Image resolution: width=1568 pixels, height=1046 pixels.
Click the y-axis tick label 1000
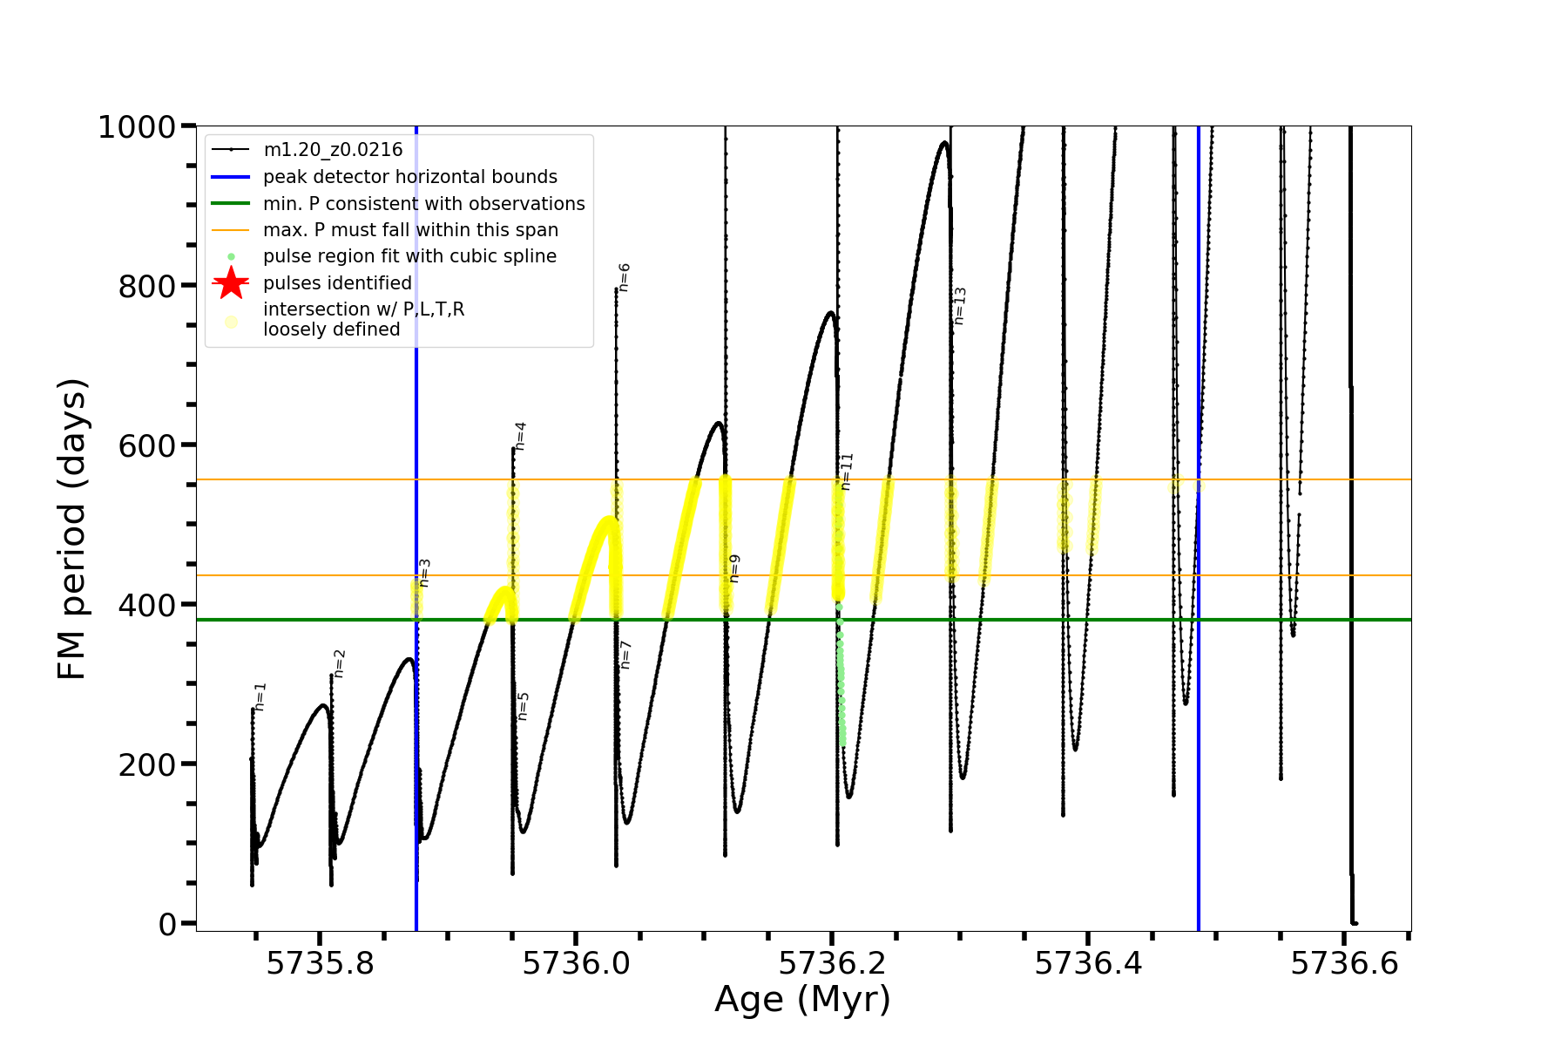(137, 127)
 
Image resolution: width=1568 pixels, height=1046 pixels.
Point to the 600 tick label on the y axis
(146, 445)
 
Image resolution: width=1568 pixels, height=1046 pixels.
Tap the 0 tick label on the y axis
(168, 924)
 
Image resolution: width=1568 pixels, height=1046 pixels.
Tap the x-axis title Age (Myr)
(802, 1000)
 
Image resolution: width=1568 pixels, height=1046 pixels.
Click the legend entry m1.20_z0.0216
(333, 150)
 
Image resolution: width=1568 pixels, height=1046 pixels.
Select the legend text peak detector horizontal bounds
(410, 177)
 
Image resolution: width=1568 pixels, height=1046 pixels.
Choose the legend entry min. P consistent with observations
(424, 204)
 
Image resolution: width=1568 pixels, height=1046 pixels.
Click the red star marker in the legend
(231, 283)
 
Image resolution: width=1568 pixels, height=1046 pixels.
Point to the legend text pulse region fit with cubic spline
(409, 256)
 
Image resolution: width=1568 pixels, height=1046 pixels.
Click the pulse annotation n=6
(624, 277)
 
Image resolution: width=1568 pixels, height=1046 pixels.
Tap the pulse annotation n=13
(960, 306)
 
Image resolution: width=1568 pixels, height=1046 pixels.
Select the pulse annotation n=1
(260, 697)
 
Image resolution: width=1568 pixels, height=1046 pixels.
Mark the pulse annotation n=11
(847, 472)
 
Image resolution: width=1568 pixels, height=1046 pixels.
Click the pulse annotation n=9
(734, 568)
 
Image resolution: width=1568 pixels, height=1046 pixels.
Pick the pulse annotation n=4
(520, 436)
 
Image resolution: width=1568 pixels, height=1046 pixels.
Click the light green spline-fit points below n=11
(841, 689)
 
